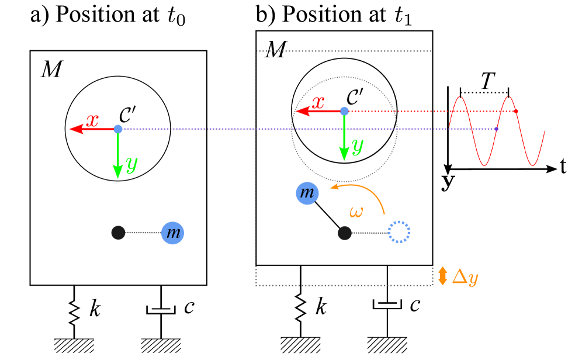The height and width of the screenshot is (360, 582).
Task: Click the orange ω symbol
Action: (356, 212)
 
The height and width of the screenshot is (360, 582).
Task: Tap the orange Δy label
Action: (465, 276)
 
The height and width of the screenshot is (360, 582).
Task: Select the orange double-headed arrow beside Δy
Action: (442, 276)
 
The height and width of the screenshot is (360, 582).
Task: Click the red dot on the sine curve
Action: (516, 111)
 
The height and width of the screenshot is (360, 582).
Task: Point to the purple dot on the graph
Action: (496, 129)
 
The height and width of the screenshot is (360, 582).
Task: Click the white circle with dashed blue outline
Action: (399, 232)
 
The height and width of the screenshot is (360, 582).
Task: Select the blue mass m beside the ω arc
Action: (307, 193)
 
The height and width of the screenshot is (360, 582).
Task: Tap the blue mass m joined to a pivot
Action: (172, 233)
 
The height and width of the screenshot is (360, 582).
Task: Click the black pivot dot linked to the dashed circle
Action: (345, 233)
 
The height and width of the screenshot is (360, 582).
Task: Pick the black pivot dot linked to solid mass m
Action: (118, 233)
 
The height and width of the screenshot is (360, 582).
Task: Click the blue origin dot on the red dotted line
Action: (344, 111)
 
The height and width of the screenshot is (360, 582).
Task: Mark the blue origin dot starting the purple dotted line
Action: (118, 129)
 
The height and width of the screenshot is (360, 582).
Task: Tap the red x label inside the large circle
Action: (318, 103)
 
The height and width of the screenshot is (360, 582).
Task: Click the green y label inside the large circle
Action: (357, 144)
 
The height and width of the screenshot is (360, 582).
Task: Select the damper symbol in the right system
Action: (387, 306)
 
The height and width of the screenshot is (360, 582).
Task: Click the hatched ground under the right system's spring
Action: (300, 345)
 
